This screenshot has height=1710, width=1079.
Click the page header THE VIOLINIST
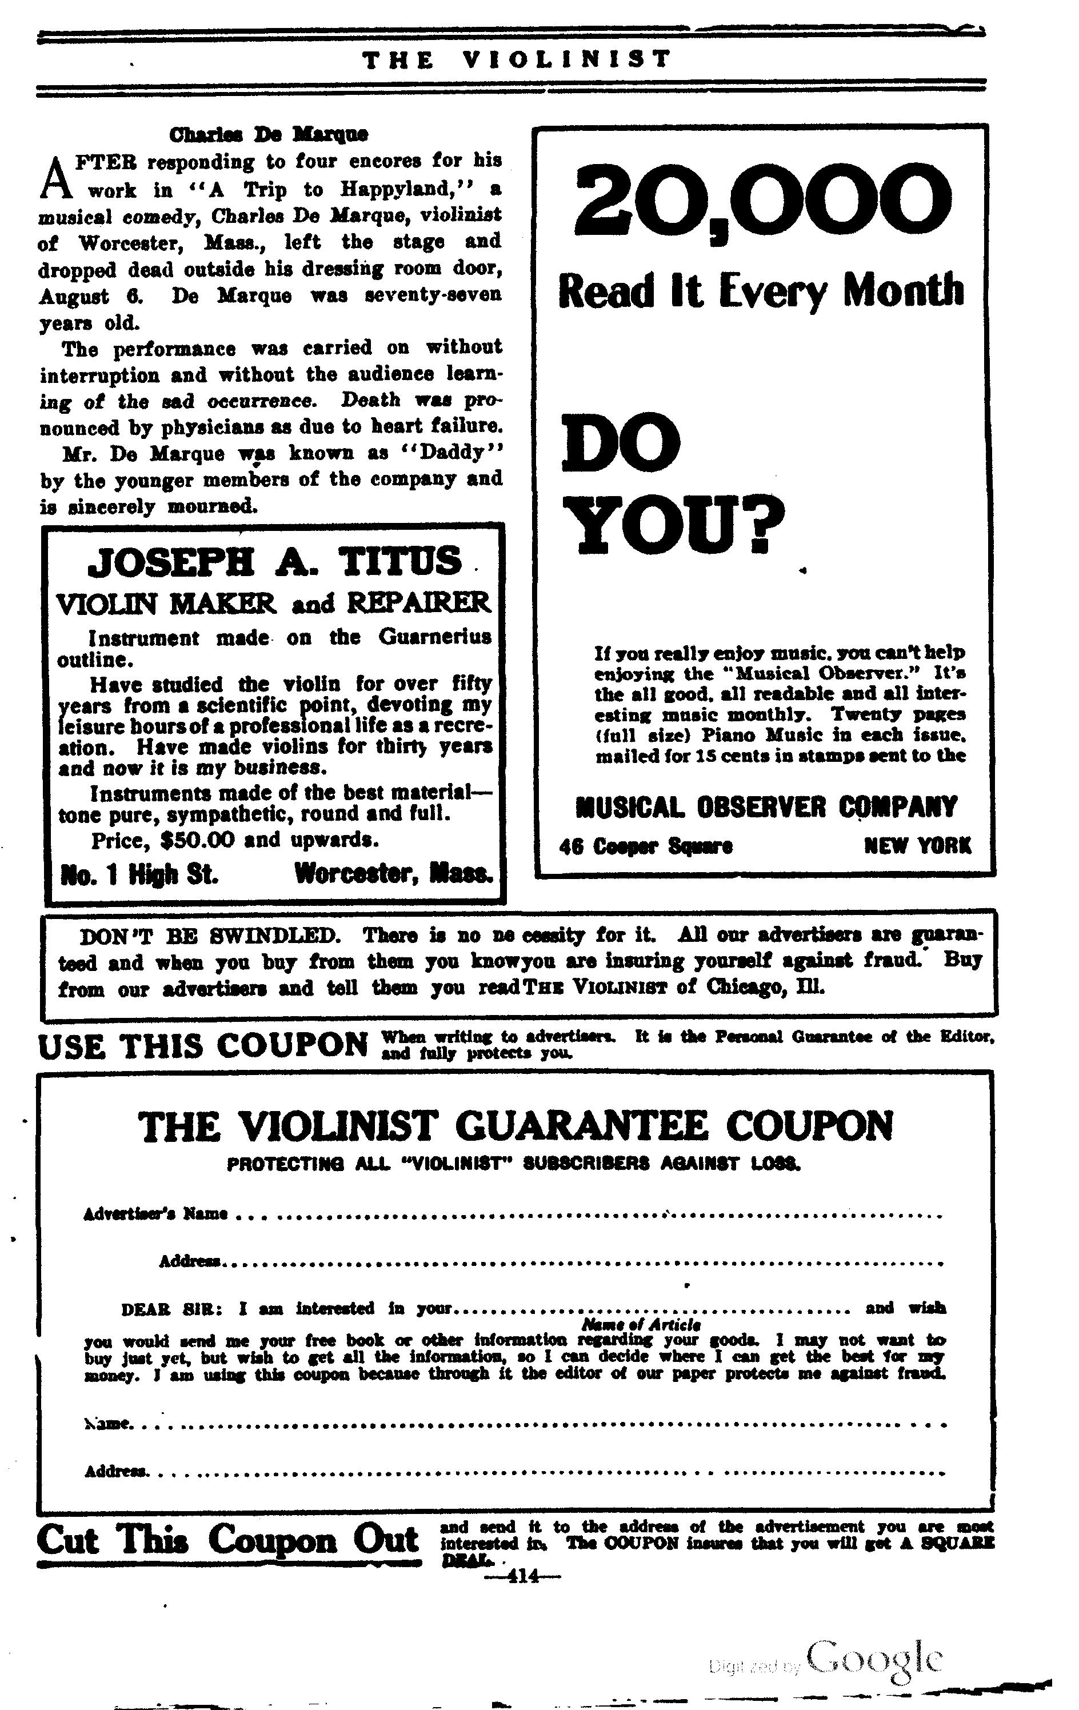pos(515,59)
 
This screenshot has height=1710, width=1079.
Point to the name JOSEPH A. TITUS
pos(274,562)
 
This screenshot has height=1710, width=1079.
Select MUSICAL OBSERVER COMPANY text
pos(766,807)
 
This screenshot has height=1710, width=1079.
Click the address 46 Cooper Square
pos(646,846)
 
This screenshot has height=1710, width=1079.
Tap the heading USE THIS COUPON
pos(203,1046)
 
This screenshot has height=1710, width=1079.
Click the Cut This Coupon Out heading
pos(227,1540)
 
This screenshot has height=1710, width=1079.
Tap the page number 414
pos(522,1576)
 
